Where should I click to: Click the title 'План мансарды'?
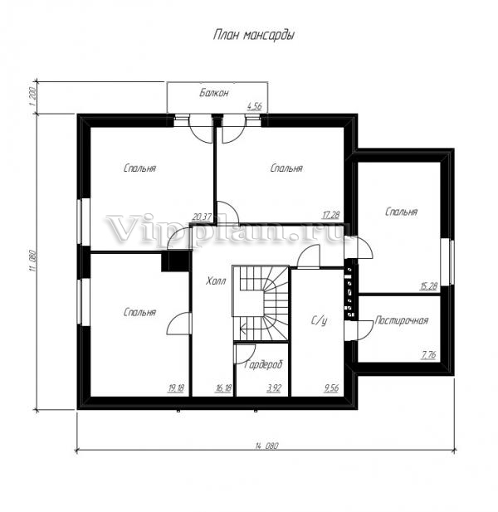coord(254,35)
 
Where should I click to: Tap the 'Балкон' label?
coord(214,93)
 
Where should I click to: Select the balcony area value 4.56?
coord(254,106)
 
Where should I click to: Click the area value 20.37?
coord(203,217)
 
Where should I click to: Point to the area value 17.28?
coord(331,215)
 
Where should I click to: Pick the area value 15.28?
coord(428,286)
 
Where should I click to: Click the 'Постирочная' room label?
coord(402,320)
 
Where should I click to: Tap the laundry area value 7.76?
coord(428,354)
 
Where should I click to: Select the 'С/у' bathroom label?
coord(319,321)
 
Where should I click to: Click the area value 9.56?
coord(331,388)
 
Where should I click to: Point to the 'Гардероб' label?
coord(263,364)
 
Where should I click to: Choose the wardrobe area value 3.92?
coord(274,388)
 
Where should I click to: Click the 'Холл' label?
coord(216,280)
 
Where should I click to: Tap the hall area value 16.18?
coord(223,388)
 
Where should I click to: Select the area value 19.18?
coord(176,388)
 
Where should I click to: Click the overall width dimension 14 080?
coord(266,446)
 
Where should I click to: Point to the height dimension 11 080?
coord(32,261)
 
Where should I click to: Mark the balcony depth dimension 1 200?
coord(32,96)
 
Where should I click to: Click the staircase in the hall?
coord(261,303)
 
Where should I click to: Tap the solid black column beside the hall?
coord(176,261)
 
